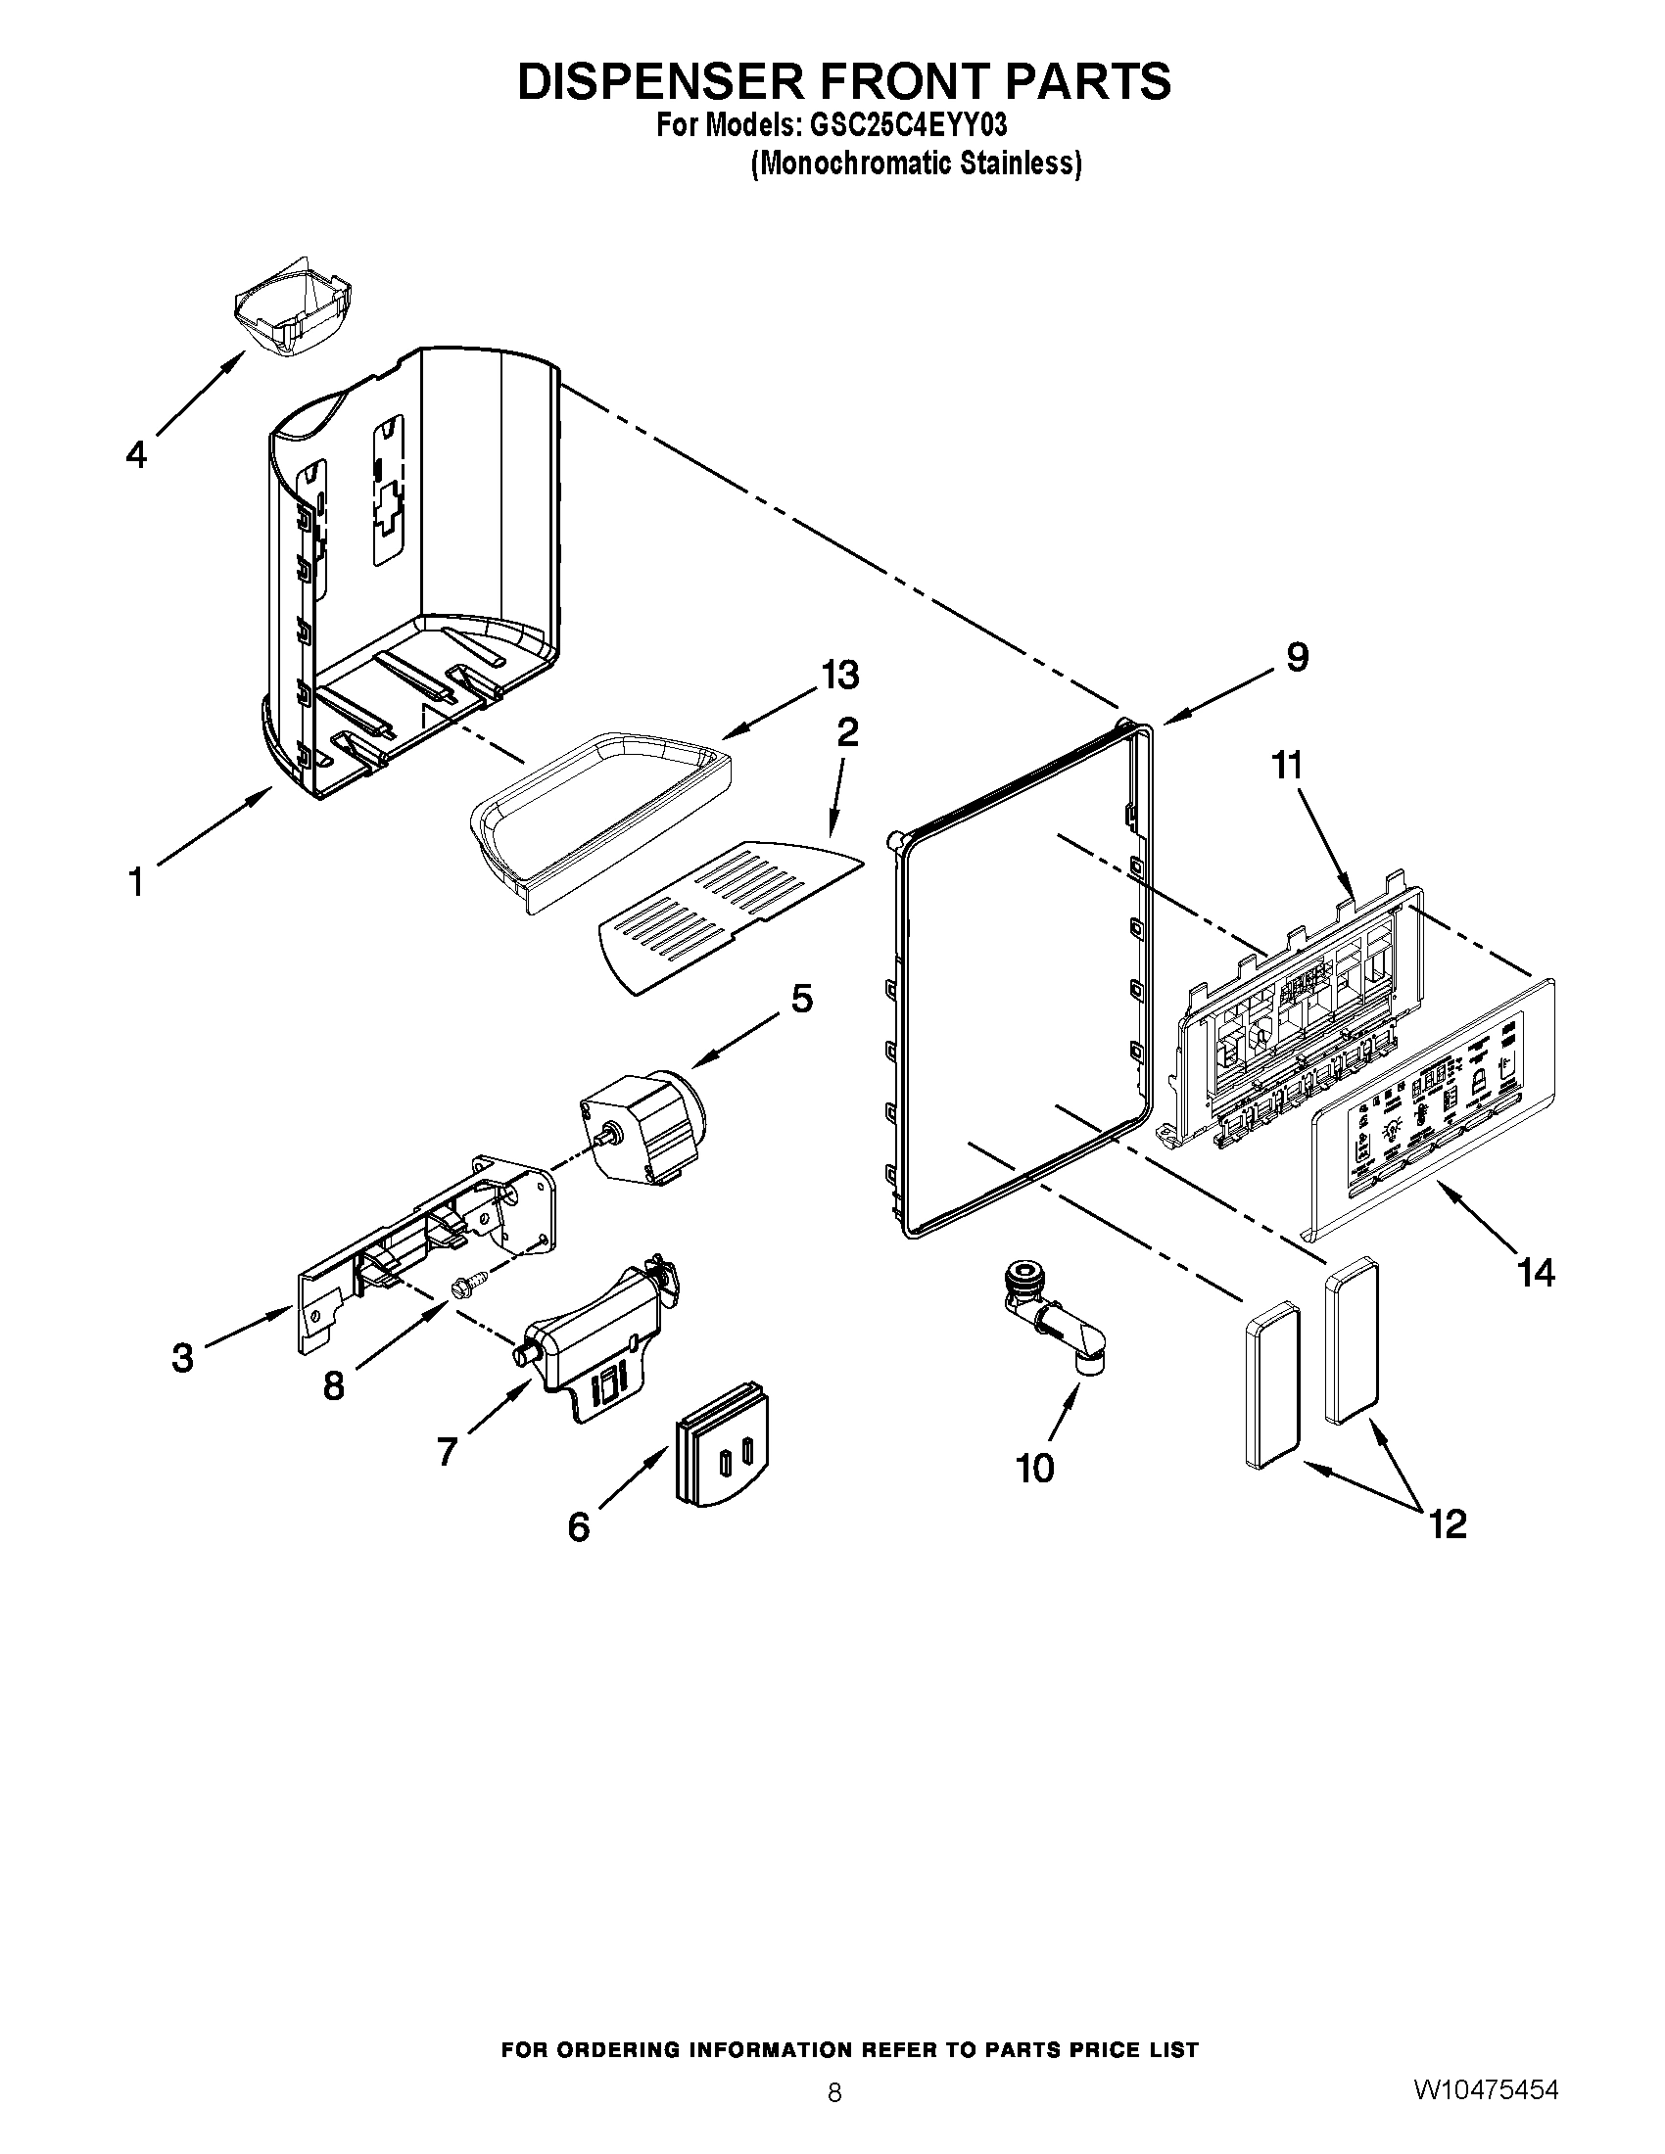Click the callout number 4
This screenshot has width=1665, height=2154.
tap(136, 454)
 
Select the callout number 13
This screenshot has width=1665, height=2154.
tap(840, 676)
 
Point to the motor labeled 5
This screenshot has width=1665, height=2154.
tap(646, 1124)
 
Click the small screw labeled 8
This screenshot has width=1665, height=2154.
tap(468, 1284)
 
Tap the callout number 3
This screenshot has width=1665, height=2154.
tap(182, 1358)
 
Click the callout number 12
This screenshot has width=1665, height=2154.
tap(1447, 1524)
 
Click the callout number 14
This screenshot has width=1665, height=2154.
tap(1537, 1273)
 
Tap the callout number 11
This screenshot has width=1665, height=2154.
tap(1286, 765)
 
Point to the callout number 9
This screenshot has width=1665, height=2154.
tap(1297, 657)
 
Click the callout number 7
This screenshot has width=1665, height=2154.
tap(447, 1451)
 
